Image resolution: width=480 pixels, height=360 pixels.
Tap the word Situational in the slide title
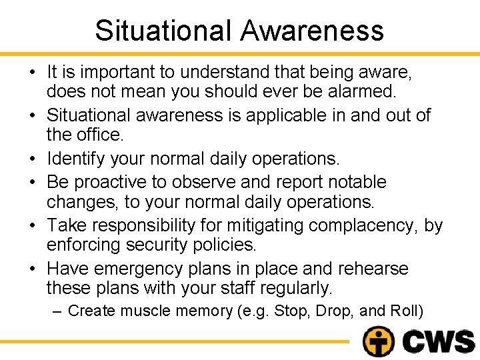point(163,31)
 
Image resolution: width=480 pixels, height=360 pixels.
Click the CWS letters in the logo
point(439,341)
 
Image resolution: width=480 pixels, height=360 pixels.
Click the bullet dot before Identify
point(33,159)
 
